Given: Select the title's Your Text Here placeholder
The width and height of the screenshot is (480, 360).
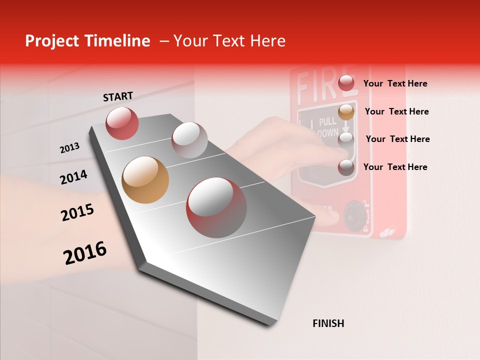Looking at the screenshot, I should coord(229,41).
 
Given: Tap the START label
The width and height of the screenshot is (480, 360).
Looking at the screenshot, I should coord(118,96).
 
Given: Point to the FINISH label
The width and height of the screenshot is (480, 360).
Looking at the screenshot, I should coord(328,323).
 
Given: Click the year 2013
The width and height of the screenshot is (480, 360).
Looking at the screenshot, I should coord(69,148).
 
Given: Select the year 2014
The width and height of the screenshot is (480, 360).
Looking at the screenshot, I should coord(73,177).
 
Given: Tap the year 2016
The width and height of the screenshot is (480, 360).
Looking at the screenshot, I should coord(85,253).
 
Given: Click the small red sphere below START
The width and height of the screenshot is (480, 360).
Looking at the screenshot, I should coord(122,123).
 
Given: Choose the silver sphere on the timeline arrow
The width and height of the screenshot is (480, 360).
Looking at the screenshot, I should coord(189,140).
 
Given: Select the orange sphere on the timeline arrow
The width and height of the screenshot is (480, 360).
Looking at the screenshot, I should coord(145,180).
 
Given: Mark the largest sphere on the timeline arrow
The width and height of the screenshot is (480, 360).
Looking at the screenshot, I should coord(216,207).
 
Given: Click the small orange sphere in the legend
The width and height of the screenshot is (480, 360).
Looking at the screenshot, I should coord(346,112).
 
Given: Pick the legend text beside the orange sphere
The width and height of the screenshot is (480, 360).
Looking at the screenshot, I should coord(396,111).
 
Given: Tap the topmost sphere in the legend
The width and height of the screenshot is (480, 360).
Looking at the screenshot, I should coord(346,83).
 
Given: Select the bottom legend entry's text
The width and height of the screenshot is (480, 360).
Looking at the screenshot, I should coord(395,167).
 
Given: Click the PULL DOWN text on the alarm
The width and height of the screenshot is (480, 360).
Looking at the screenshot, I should coord(327,127).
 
